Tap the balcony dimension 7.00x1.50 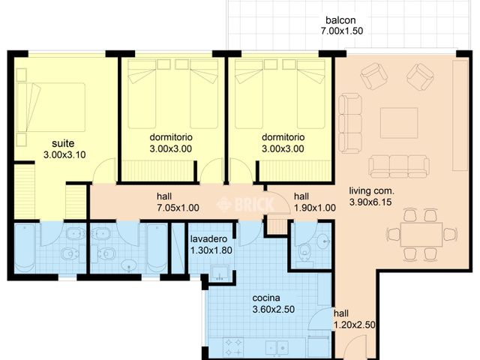coord(337,31)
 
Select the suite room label coord(63,143)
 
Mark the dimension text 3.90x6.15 coord(372,202)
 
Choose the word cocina coord(267,296)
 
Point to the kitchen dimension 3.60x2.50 coord(267,308)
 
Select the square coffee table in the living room coord(398,123)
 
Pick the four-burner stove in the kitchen coord(232,346)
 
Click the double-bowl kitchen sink coord(276,347)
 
